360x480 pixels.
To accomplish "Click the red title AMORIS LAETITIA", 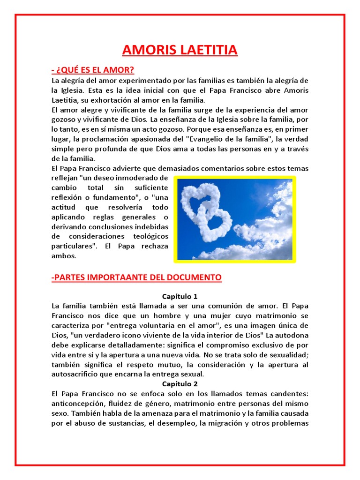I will (180, 50).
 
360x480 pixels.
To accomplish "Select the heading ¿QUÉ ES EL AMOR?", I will (93, 70).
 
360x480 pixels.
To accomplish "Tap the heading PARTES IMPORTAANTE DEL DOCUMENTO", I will (136, 277).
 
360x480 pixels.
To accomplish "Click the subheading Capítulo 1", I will (180, 296).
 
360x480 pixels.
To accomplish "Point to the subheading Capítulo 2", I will (180, 384).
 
